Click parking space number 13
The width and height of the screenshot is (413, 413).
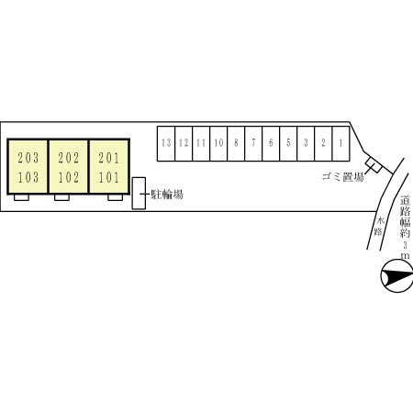[166, 143]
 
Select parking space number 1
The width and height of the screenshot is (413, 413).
[340, 143]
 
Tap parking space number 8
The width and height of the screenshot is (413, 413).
[236, 143]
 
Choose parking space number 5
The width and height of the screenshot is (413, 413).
[288, 143]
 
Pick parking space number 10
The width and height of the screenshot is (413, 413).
[218, 143]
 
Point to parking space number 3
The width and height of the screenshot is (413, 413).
[306, 143]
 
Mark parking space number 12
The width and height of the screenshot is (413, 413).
[184, 143]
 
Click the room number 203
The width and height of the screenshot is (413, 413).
[28, 158]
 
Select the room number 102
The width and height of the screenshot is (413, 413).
[69, 177]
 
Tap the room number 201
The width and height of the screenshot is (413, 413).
[108, 158]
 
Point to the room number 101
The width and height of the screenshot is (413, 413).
[108, 177]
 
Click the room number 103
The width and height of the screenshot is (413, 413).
[28, 177]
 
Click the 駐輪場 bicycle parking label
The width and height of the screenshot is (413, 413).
[167, 195]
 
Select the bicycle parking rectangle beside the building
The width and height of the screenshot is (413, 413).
[139, 194]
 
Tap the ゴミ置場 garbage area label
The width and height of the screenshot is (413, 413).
[342, 177]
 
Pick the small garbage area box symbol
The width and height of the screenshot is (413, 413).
[374, 164]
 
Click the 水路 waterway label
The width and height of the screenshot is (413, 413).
[379, 226]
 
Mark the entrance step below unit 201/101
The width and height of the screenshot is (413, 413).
[116, 197]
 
